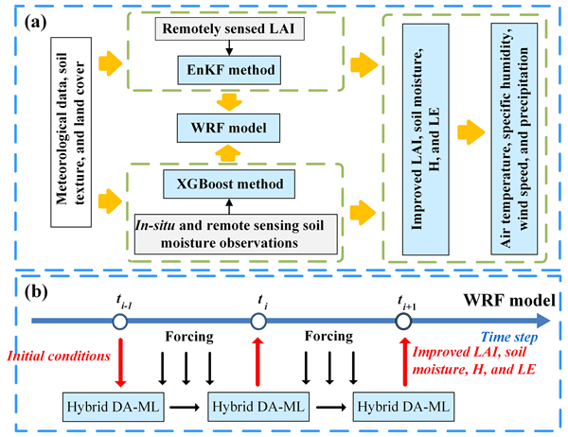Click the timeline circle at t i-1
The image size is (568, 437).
click(x=120, y=323)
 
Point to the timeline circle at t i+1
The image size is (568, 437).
click(x=403, y=323)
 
